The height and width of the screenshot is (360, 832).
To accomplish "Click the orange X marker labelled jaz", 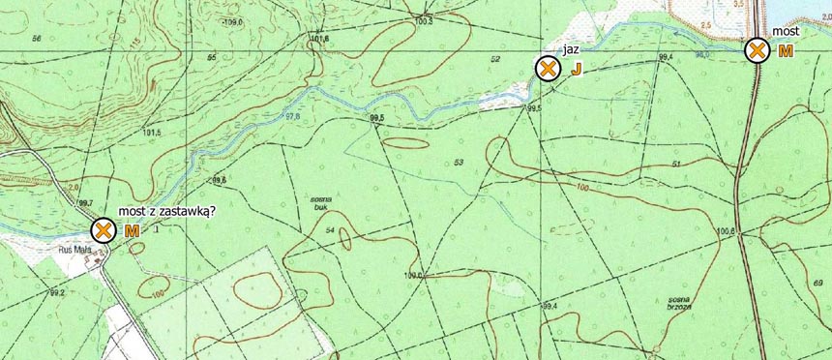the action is (x=548, y=69).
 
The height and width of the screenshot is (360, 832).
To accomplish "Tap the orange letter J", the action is (x=576, y=70).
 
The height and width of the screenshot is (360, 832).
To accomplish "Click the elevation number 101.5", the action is (x=151, y=133).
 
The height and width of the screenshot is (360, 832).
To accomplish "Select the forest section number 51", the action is (x=703, y=165).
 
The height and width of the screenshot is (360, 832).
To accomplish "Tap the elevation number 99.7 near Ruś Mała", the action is (x=85, y=202).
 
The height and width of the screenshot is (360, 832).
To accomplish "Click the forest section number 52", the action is (x=495, y=60).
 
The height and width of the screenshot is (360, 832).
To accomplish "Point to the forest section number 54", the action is (x=330, y=230).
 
